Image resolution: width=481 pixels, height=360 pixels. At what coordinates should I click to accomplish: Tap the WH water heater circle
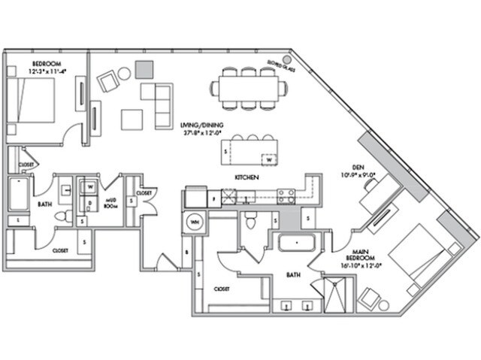pyautogui.click(x=195, y=223)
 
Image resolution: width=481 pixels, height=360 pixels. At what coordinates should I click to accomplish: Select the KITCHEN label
pyautogui.click(x=247, y=177)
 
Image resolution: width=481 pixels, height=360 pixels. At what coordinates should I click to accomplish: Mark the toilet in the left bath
pyautogui.click(x=65, y=216)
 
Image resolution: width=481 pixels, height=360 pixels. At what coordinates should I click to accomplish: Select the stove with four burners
pyautogui.click(x=286, y=196)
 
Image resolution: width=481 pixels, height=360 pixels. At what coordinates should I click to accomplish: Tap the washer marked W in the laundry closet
pyautogui.click(x=90, y=186)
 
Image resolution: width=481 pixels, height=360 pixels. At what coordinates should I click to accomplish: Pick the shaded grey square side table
pyautogui.click(x=144, y=68)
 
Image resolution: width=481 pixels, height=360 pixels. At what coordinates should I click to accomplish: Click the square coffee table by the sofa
pyautogui.click(x=132, y=119)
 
